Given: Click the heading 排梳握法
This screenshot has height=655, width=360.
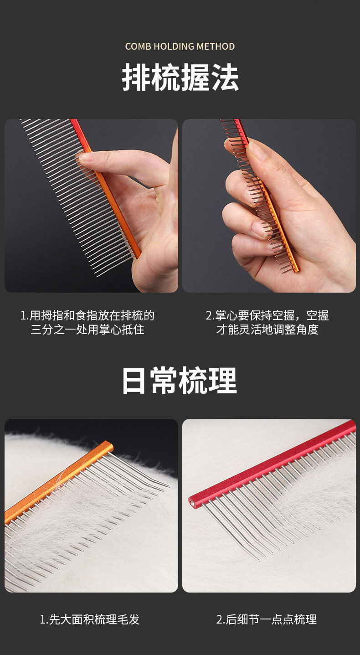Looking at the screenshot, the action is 180,78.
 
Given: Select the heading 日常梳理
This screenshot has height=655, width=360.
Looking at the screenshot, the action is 180,381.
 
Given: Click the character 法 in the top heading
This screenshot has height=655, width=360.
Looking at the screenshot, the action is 226,78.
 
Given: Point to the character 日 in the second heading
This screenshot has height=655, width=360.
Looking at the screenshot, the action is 134,381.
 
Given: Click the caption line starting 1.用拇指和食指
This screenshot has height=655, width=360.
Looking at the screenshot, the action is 87,315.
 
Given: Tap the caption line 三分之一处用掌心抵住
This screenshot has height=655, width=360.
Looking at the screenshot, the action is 87,330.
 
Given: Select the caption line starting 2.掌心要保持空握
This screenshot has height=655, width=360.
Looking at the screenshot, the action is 267,315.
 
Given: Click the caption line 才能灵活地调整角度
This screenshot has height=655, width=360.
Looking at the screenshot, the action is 267,330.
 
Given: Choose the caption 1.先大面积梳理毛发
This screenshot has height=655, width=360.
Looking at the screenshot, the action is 90,619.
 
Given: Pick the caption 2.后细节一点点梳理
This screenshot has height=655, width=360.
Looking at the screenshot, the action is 267,619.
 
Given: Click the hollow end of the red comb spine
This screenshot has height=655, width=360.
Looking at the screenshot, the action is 193,503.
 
